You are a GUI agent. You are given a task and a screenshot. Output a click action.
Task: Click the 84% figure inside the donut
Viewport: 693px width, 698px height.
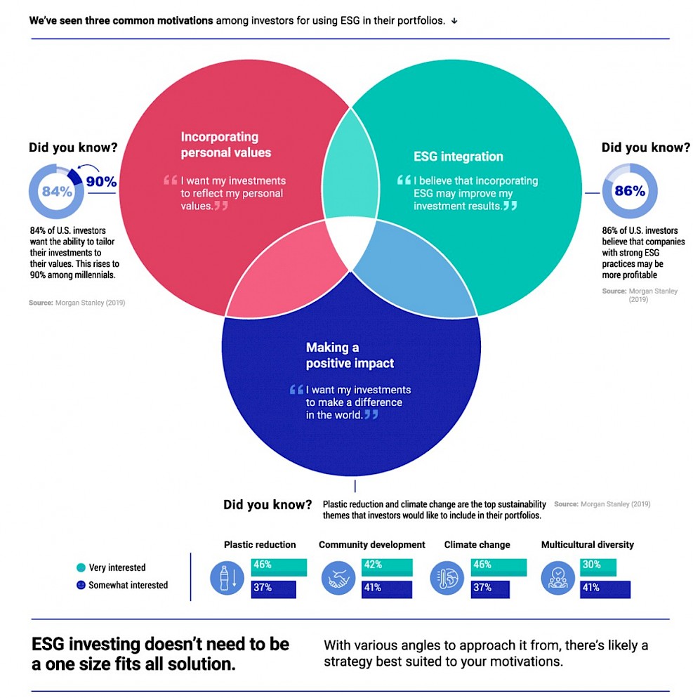point(57,192)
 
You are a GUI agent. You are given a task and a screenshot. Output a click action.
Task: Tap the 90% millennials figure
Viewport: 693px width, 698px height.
point(102,182)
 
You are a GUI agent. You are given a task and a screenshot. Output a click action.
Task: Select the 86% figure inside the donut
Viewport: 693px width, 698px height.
point(630,191)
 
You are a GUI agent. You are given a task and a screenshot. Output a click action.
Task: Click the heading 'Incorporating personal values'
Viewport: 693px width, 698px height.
point(225,145)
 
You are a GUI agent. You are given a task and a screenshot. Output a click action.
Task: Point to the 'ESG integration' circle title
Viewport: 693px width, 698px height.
point(458,157)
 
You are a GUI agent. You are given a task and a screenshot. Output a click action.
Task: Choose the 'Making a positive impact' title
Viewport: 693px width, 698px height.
point(350,355)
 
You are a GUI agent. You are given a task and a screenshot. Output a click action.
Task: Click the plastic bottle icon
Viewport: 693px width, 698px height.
point(227,578)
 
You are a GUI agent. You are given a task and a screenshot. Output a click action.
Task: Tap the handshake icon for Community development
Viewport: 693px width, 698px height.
point(338,578)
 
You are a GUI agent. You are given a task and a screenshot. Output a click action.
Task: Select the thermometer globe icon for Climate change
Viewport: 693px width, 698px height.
point(447,578)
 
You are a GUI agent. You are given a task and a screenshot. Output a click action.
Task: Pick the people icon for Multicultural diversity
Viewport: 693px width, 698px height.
point(557,578)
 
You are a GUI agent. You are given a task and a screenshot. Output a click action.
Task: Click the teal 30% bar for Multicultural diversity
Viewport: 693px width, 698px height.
point(598,567)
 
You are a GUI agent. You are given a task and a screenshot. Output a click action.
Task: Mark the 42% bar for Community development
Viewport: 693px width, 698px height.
point(387,567)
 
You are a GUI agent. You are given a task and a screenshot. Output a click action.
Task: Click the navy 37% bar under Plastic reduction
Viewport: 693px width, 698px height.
point(273,589)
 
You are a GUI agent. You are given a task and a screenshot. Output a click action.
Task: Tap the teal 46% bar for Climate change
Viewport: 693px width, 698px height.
point(499,567)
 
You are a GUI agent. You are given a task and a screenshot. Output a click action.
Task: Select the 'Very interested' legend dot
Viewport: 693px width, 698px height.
point(81,567)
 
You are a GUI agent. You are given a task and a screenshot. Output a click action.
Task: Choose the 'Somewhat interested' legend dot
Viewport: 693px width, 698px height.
point(81,585)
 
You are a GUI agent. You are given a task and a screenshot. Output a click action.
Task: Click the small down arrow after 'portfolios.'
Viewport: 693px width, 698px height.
point(454,21)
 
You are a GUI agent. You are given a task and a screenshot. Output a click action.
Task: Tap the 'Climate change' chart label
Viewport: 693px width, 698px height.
point(477,544)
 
